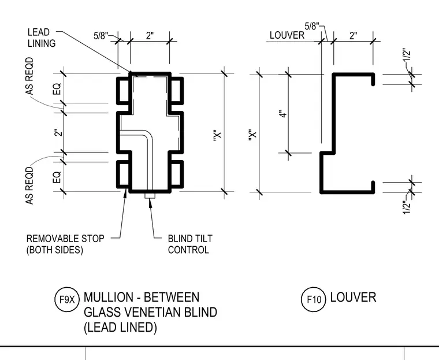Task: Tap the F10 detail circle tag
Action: [314, 299]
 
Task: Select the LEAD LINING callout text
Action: [42, 38]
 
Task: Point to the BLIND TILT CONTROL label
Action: [190, 244]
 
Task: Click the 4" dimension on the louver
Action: [284, 114]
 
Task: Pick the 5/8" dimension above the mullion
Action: [101, 36]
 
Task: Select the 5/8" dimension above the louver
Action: [312, 26]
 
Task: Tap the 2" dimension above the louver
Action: [354, 36]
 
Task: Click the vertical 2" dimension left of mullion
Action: [58, 132]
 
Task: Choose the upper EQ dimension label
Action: [57, 89]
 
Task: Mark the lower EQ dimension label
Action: [57, 177]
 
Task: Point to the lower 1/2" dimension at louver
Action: [407, 207]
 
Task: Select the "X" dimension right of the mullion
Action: [218, 135]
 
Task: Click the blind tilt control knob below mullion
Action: [150, 195]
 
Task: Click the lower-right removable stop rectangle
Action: [177, 174]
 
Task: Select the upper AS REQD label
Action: [29, 76]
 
